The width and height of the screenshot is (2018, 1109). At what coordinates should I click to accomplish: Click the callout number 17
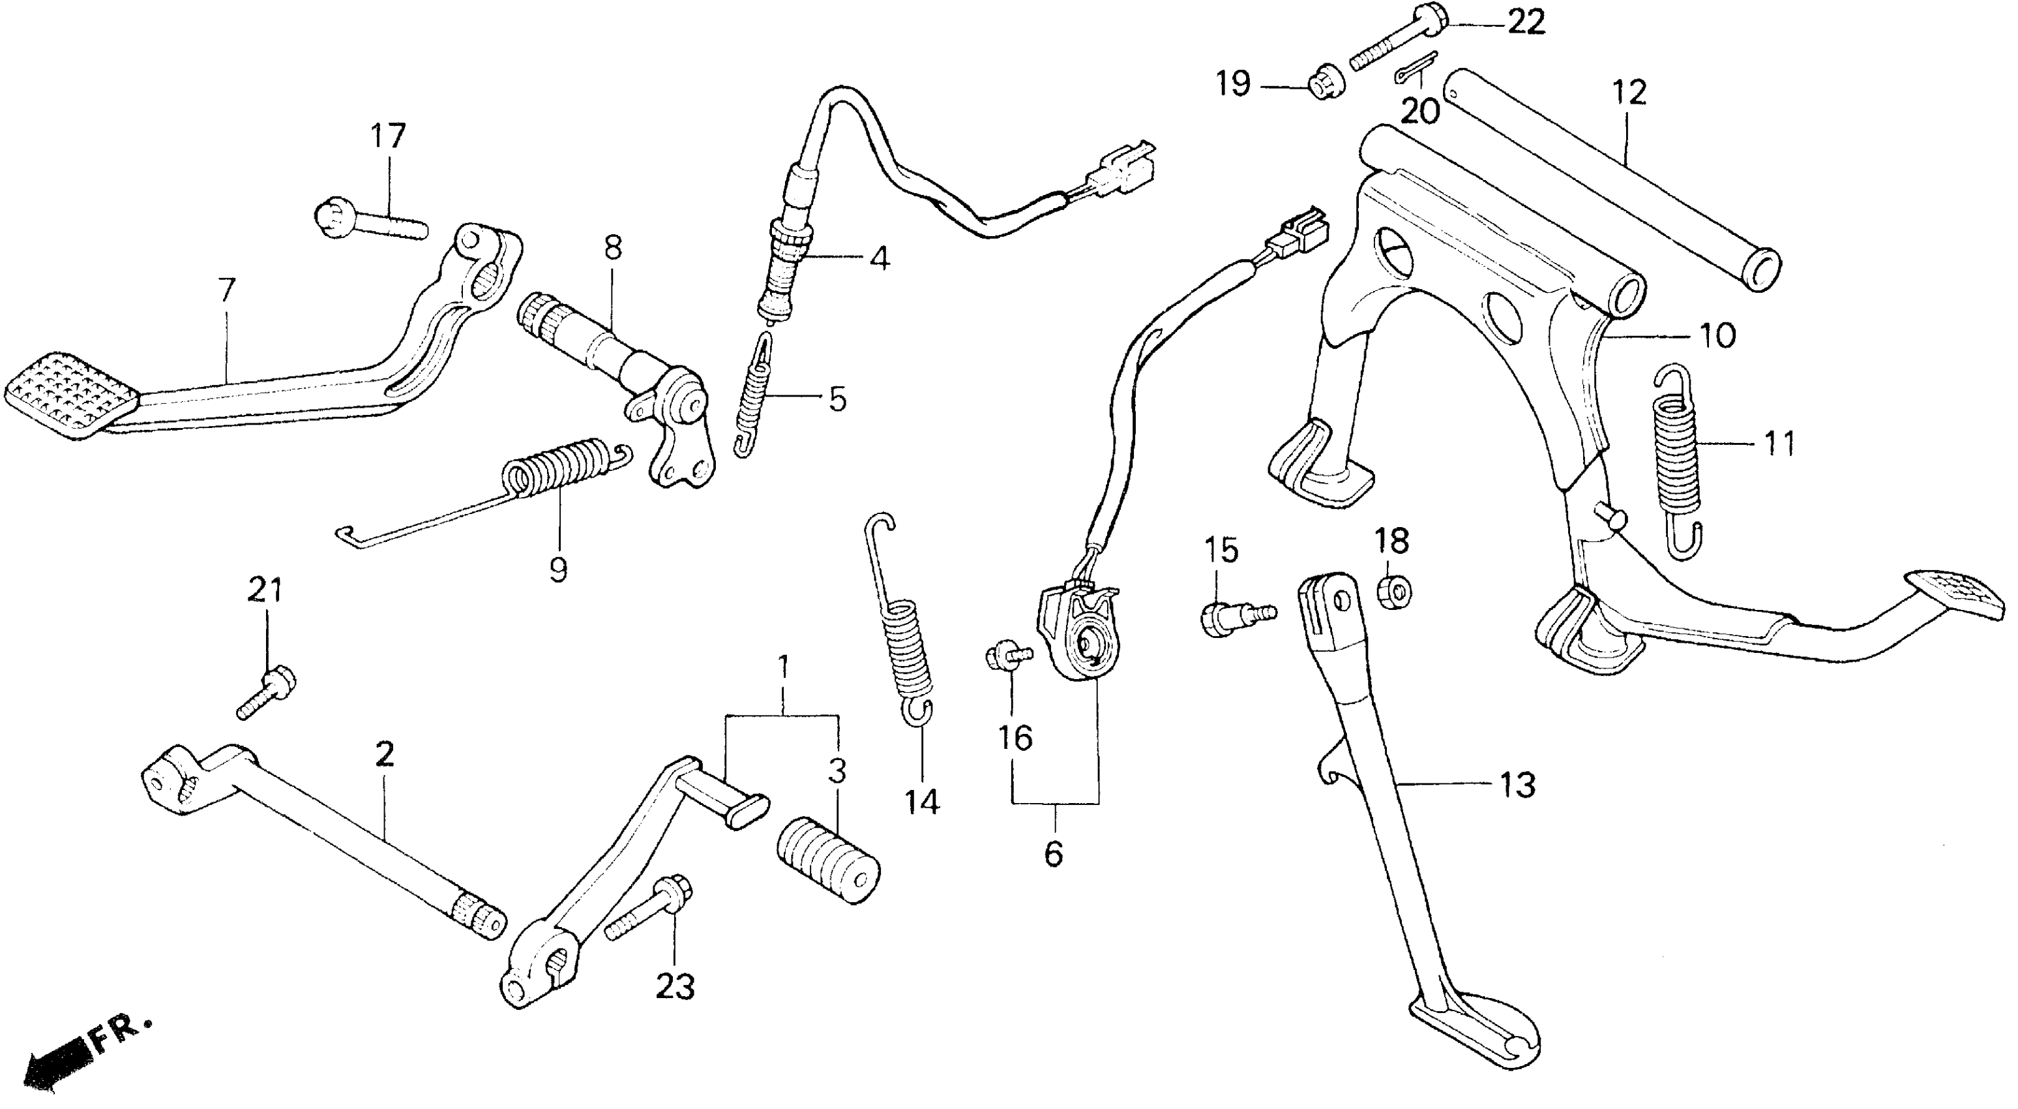[388, 136]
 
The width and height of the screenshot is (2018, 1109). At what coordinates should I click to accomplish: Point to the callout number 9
[557, 570]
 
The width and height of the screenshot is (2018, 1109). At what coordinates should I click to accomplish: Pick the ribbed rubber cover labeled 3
[829, 861]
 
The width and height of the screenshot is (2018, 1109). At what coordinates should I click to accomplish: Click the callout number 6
[1054, 853]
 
